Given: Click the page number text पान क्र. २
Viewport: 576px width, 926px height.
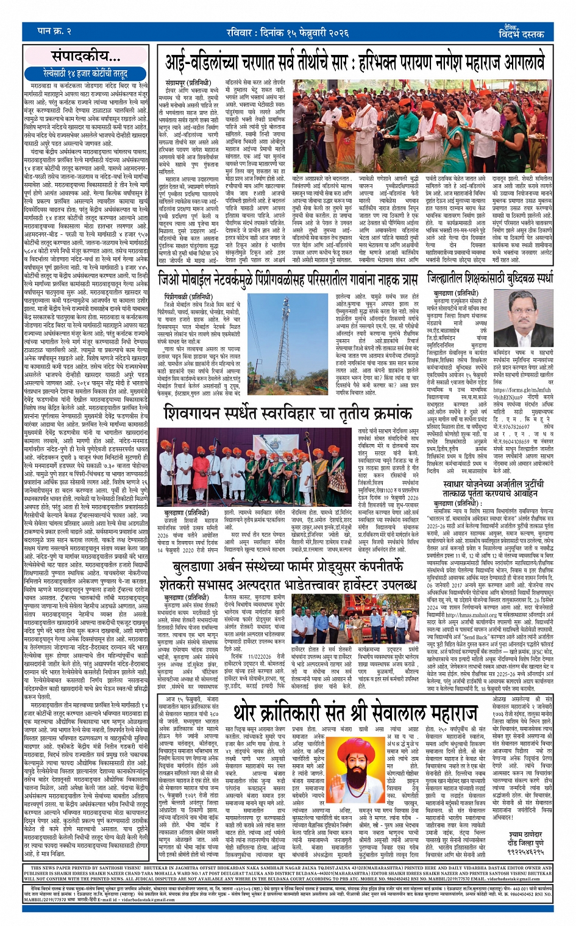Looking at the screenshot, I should tap(54, 31).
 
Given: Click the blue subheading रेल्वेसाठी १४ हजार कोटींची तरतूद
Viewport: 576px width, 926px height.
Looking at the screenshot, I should tap(85, 73).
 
